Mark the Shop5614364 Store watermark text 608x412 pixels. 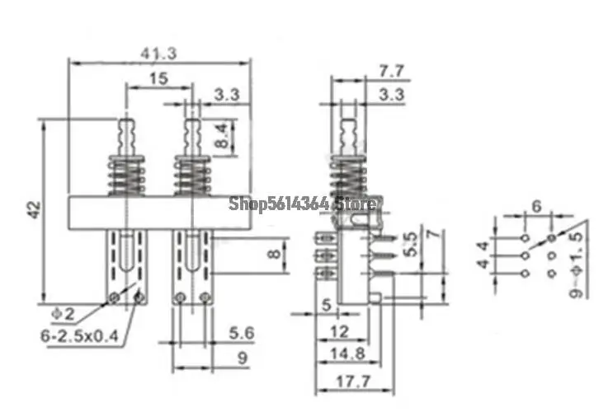303,202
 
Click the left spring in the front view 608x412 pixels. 126,176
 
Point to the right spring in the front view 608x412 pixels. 191,176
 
